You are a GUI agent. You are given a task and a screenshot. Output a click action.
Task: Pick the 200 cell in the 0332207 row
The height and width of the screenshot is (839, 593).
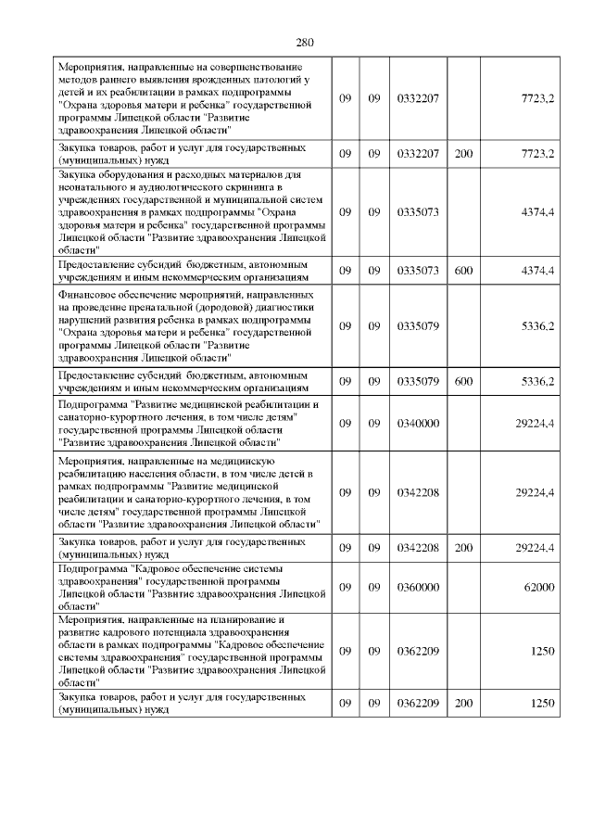pyautogui.click(x=463, y=152)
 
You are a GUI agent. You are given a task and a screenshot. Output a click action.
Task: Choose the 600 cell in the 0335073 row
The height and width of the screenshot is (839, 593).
pyautogui.click(x=463, y=270)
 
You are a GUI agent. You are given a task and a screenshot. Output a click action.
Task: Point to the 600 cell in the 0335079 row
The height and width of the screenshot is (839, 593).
pyautogui.click(x=463, y=381)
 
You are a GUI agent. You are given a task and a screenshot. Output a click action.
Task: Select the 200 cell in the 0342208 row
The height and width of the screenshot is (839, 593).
pyautogui.click(x=463, y=548)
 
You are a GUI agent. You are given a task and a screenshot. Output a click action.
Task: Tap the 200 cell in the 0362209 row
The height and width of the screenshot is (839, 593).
pyautogui.click(x=463, y=703)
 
